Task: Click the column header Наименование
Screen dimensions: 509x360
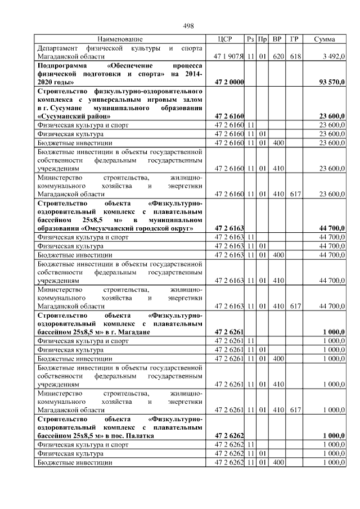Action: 120,39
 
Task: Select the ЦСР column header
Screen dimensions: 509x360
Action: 228,39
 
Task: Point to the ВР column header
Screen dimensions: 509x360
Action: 277,39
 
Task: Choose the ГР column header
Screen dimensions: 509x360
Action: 294,39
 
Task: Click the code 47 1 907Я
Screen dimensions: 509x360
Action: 228,57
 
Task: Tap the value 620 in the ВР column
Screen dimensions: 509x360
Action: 277,57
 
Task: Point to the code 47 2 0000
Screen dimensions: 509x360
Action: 229,82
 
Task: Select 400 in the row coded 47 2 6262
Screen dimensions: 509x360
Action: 277,462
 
